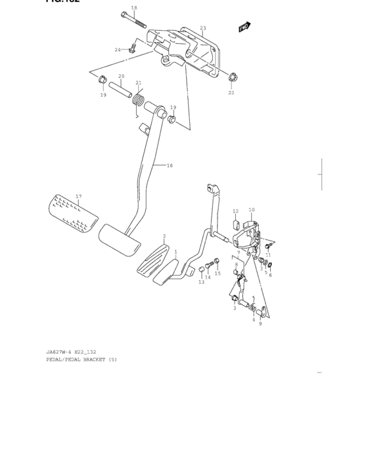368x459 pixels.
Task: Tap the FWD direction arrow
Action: (245, 27)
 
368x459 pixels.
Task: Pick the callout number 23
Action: (203, 28)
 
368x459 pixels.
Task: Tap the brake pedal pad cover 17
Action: (71, 214)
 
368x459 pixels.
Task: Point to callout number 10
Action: (252, 210)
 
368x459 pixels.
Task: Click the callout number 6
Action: (270, 275)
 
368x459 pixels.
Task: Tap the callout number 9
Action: (260, 323)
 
